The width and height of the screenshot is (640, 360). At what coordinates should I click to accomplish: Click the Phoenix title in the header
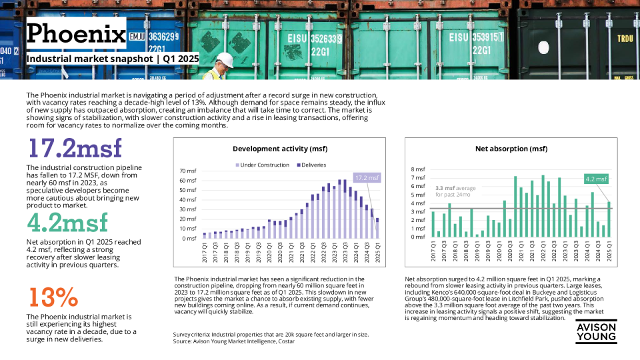[76, 33]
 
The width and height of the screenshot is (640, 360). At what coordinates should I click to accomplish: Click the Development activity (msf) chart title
[280, 149]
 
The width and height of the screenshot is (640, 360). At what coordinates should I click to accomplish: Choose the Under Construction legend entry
[263, 165]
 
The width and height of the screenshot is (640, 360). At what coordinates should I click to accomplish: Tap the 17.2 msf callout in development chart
[366, 177]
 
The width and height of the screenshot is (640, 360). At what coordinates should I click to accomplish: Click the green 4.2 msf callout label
[597, 179]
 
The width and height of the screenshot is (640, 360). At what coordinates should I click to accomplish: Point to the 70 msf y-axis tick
[188, 171]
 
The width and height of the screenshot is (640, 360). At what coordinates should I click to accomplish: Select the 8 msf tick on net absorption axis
[419, 169]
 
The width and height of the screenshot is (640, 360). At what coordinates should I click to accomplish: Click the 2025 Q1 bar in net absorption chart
[608, 219]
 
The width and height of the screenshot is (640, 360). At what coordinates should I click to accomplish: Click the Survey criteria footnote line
[271, 334]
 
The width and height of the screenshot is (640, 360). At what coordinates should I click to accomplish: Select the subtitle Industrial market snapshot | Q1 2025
[113, 59]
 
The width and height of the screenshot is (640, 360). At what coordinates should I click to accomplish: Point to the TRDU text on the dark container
[624, 39]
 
